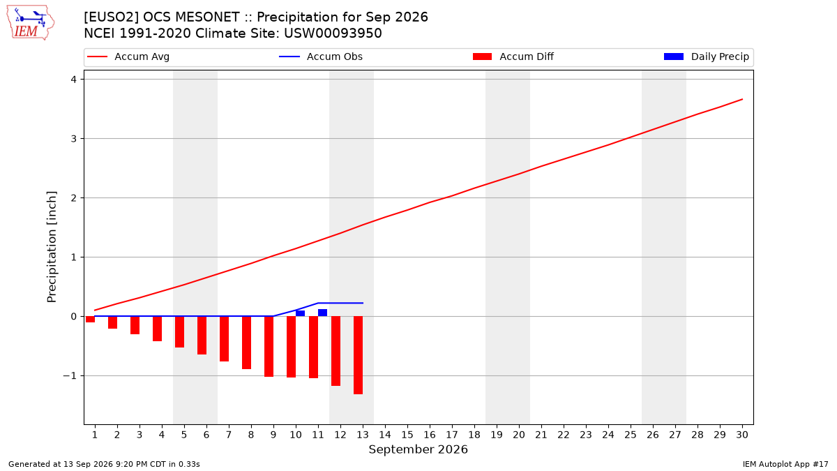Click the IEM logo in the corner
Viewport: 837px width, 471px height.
(31, 23)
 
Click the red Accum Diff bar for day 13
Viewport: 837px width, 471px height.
(358, 355)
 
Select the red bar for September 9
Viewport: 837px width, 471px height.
(269, 347)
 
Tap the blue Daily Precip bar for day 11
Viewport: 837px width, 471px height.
(322, 313)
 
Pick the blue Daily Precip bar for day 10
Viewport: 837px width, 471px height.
(300, 313)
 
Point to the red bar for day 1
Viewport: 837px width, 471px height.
(90, 320)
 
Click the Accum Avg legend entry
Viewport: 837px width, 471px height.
(128, 57)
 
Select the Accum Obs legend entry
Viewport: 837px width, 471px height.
(321, 57)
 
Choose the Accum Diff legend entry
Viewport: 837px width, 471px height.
(513, 57)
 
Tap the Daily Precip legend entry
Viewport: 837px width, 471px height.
(706, 57)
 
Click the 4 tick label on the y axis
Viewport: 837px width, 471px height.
(74, 80)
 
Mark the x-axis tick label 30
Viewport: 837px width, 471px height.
(742, 435)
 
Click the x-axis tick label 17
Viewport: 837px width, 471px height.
(452, 435)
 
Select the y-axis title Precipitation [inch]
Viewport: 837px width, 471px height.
(52, 247)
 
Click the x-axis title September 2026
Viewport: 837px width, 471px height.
(418, 449)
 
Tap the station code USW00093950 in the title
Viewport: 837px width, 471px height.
(333, 33)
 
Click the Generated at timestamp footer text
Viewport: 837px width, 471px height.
(104, 464)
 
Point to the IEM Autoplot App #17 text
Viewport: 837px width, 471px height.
(785, 464)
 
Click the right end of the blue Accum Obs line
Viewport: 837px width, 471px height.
(363, 303)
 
